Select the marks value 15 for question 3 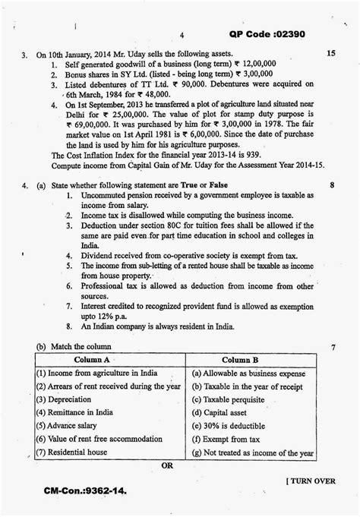coord(330,55)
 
